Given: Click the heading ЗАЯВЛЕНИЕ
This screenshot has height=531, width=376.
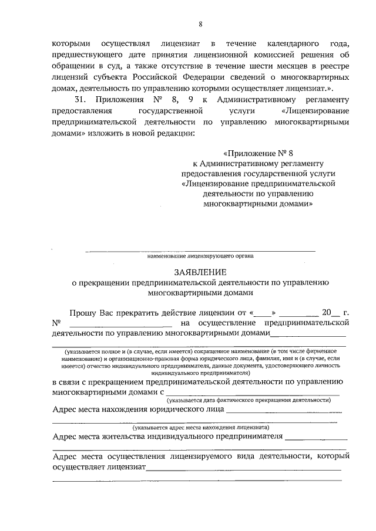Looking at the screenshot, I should [x=200, y=272].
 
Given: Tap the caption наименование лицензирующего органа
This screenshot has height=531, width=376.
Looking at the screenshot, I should [x=200, y=256].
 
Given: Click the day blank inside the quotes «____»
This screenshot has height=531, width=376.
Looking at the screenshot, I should [x=265, y=313].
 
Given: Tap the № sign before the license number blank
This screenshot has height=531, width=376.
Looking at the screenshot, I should [x=57, y=323].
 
